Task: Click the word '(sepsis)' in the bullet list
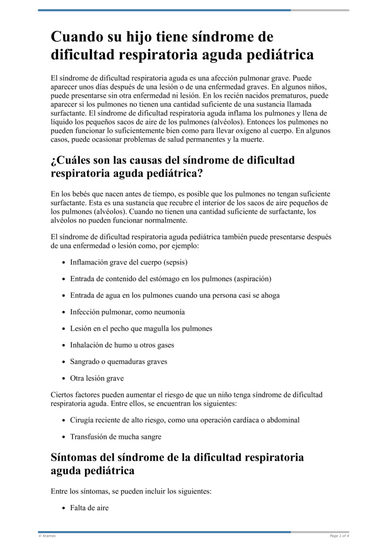(175, 262)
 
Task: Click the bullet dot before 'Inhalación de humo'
(64, 345)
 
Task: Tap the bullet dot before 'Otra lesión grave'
(64, 378)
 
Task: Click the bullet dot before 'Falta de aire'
(64, 508)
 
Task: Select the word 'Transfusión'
(89, 436)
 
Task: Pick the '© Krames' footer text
(47, 536)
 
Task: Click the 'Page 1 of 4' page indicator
(339, 536)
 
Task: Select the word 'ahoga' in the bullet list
(270, 295)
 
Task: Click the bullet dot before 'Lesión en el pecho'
(64, 329)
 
